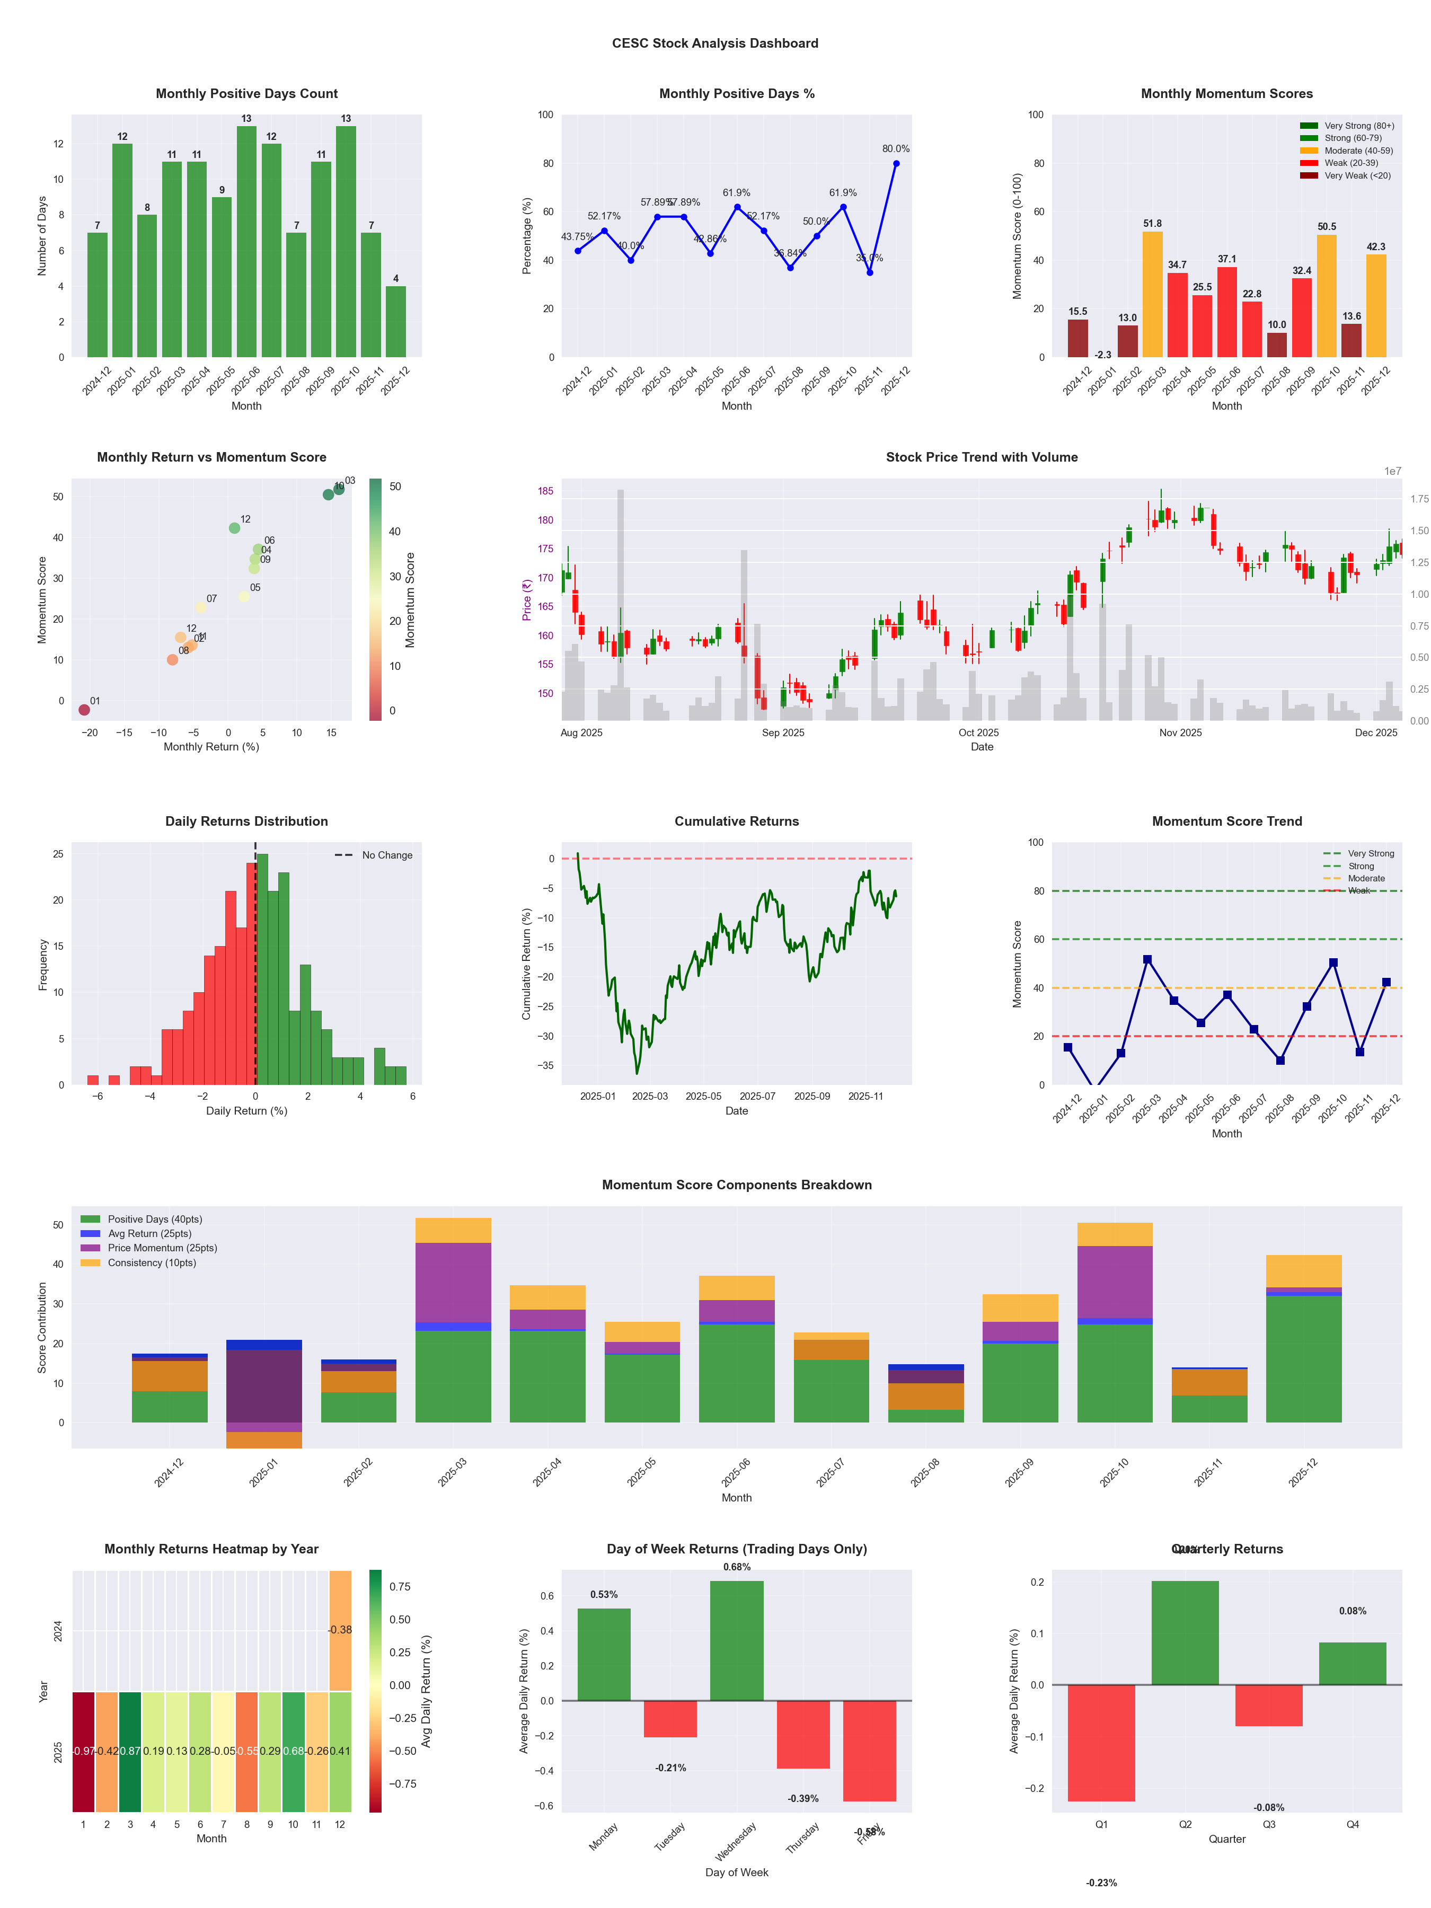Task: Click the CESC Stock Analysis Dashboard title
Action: coord(715,43)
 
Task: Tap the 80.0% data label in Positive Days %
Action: coord(895,148)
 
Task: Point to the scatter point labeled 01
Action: coord(84,710)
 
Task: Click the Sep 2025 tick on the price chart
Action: coord(782,733)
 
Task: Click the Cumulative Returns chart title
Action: coord(737,821)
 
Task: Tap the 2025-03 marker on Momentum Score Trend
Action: coord(1147,959)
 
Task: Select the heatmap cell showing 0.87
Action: coord(130,1751)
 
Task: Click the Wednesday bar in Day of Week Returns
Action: coord(737,1640)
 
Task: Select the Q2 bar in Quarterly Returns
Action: coord(1185,1633)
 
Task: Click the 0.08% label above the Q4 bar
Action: coord(1353,1611)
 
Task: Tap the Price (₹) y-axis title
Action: coord(526,599)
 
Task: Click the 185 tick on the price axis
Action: coord(545,491)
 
